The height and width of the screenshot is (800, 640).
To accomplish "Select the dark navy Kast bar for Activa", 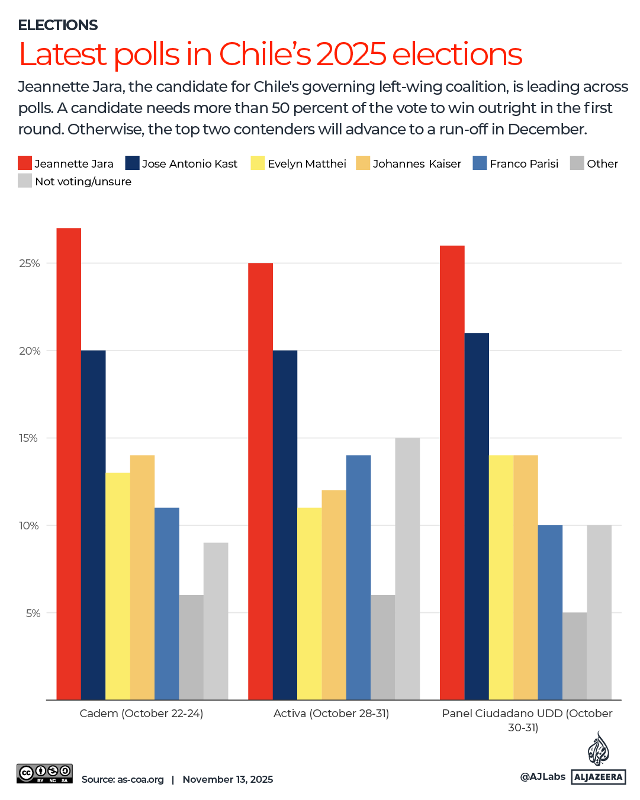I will (285, 525).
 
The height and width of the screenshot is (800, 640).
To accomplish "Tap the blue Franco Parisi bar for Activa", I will (358, 577).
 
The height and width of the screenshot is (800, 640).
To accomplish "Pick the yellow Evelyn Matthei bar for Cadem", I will (118, 586).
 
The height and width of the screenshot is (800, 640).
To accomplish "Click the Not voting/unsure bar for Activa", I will (407, 568).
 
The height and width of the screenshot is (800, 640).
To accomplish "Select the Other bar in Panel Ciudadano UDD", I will (574, 656).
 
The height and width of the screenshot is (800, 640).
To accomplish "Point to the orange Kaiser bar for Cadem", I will (142, 577).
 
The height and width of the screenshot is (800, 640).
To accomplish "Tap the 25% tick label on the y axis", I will (30, 264).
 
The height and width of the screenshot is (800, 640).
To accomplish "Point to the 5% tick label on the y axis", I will (33, 613).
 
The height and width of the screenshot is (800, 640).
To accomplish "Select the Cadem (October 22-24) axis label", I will (141, 714).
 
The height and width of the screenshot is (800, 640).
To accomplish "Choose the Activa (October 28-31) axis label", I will (331, 714).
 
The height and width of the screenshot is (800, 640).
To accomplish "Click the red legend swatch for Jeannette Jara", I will (25, 163).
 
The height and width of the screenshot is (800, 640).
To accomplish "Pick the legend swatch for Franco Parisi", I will (480, 163).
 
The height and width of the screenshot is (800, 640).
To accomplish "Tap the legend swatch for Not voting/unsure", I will (25, 181).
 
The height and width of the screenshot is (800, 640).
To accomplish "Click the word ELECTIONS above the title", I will (58, 25).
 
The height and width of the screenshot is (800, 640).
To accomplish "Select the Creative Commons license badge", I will (44, 773).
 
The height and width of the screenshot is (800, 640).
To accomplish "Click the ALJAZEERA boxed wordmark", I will (599, 777).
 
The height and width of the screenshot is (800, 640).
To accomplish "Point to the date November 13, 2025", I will (228, 779).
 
